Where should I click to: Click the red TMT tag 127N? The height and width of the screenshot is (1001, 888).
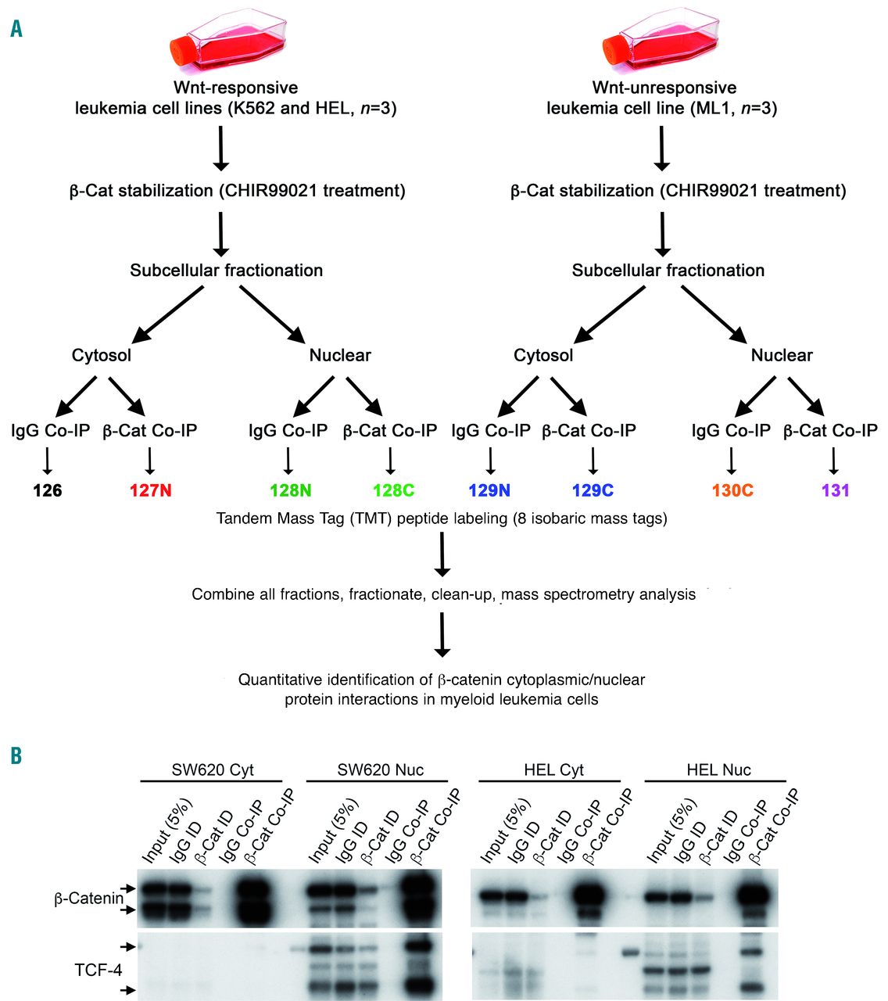(150, 491)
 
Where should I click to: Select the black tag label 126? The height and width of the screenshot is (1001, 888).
(47, 491)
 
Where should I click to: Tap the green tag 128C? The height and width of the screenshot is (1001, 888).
(392, 491)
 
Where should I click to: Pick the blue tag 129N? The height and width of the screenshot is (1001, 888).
(489, 491)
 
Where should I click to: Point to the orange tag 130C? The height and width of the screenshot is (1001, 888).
(732, 491)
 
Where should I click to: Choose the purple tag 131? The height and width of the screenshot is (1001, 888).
(835, 491)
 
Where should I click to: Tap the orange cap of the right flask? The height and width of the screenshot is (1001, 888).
(618, 51)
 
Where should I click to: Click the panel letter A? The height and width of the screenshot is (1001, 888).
(16, 30)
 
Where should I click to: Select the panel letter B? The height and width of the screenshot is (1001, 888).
(16, 756)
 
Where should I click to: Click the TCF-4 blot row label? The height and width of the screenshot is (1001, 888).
(98, 971)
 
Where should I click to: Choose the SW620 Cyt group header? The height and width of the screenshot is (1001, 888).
(212, 770)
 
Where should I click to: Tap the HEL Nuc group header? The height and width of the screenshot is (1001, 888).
(718, 770)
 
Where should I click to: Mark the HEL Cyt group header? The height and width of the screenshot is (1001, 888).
(553, 770)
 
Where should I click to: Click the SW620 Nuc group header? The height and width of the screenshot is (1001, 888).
(380, 770)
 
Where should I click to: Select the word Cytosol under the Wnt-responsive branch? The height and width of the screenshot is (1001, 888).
(102, 356)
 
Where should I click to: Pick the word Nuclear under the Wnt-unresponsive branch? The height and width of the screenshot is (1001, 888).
(782, 356)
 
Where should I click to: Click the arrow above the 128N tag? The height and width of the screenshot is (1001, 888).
(288, 461)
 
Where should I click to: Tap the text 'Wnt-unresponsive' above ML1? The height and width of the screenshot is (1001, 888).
(664, 88)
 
